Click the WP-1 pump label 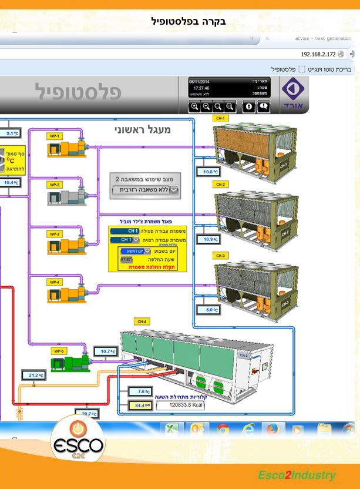pos(55,136)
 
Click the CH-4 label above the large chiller pos(142,321)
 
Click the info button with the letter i pos(249,106)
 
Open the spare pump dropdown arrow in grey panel pos(173,190)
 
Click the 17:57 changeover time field pos(126,259)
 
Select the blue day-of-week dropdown pos(139,250)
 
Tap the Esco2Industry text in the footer pos(297,475)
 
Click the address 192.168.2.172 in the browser pos(317,54)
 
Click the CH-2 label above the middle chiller pos(220,185)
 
